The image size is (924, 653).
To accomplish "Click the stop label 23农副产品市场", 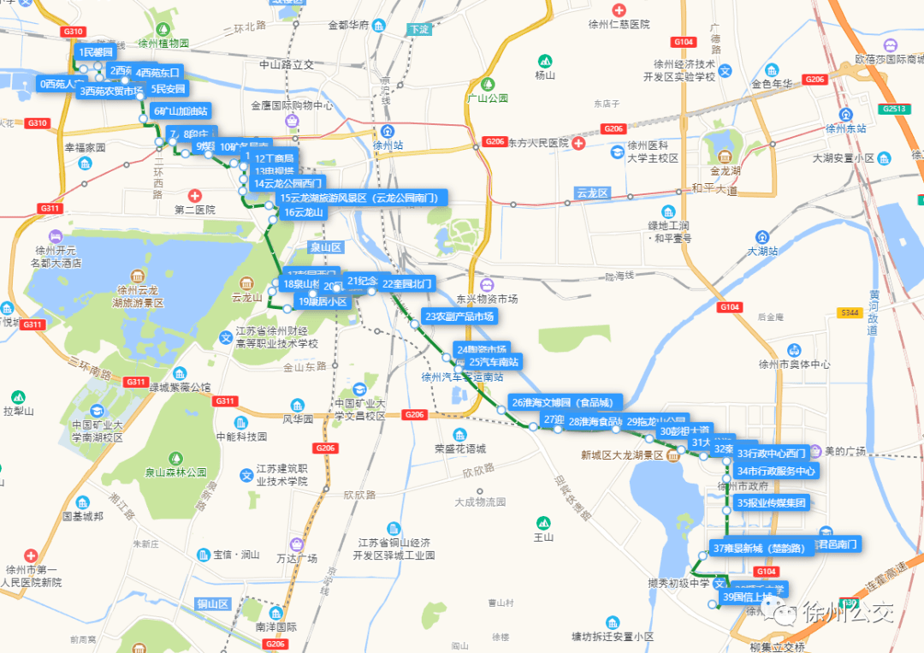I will (459, 317).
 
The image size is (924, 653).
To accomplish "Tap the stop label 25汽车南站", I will (495, 362).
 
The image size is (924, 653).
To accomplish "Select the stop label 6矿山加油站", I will (181, 110).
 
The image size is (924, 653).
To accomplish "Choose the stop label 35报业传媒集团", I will (772, 503).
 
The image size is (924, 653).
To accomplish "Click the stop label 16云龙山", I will (304, 212).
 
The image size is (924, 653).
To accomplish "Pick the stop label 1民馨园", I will (97, 52).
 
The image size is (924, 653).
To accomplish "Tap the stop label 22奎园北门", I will (408, 283).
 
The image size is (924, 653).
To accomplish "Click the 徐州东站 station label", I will (846, 128).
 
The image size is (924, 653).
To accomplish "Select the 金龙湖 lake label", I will (725, 170).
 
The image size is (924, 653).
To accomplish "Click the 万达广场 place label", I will (297, 558).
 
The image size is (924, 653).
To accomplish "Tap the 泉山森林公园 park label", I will (176, 472).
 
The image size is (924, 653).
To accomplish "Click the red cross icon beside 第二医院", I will (195, 196).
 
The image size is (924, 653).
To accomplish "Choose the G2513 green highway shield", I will (894, 109).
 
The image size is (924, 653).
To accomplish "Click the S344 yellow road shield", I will (848, 313).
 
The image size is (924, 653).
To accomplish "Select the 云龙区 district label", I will (591, 193).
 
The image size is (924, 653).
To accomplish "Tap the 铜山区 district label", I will (213, 604).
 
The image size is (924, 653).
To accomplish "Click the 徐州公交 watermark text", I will (847, 613).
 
